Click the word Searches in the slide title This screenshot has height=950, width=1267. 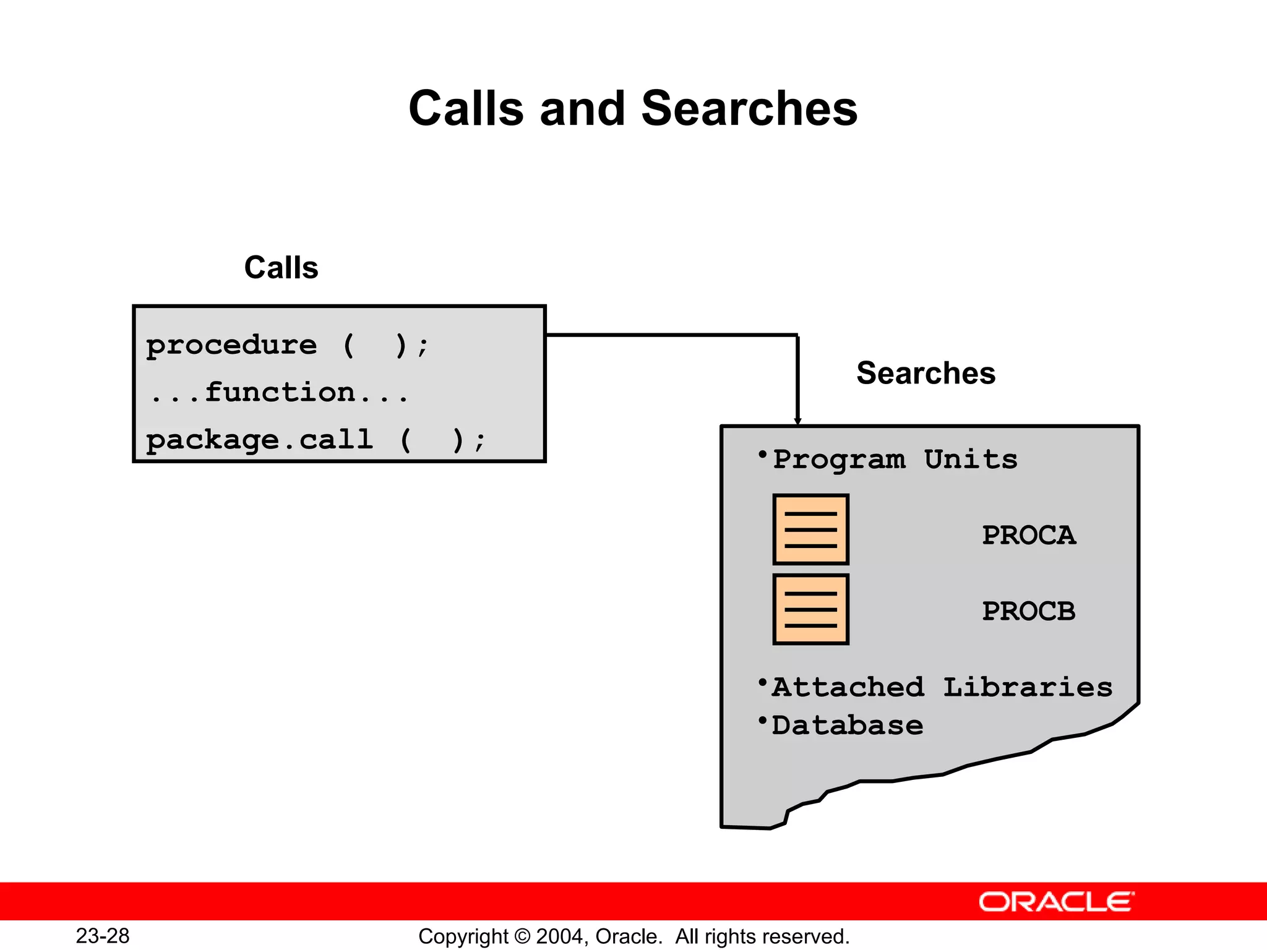749,109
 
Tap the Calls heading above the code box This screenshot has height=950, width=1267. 281,268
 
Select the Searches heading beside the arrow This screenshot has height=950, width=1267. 926,373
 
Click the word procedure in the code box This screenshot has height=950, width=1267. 231,345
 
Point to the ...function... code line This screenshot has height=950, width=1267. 279,393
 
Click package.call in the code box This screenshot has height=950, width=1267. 260,440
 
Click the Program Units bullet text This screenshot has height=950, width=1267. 895,460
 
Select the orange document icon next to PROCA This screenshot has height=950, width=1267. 810,529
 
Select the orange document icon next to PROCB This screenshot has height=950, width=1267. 810,609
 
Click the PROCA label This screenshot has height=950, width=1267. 1029,536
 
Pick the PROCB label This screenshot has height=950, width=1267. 1029,612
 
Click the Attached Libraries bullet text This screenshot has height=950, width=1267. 941,687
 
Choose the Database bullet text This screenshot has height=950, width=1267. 847,725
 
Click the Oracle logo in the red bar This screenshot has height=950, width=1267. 1056,902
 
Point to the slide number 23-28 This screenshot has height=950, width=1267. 103,936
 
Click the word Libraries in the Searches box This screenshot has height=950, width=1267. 1028,687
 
